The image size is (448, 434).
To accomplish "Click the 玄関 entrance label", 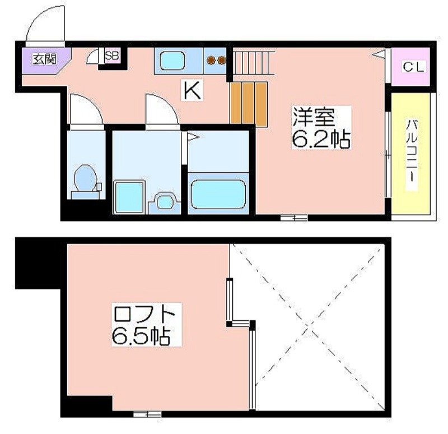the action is [x=45, y=59].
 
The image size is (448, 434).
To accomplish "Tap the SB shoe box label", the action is [x=111, y=55].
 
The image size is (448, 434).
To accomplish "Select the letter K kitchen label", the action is [x=192, y=90].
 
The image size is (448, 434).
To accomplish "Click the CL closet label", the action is [x=413, y=67].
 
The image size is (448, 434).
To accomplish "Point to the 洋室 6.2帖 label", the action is [x=321, y=127].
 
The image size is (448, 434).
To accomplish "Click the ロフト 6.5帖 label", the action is [x=146, y=325].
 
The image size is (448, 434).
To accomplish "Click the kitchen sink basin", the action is [x=172, y=61].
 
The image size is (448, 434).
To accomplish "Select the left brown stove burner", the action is [x=212, y=61].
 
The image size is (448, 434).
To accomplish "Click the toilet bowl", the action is [x=85, y=178].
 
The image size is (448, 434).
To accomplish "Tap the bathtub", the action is [x=218, y=194].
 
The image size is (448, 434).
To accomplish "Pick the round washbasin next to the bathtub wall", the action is [x=165, y=202].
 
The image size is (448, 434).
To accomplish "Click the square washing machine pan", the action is [x=129, y=197].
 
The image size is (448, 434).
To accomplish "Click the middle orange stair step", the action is [x=248, y=103].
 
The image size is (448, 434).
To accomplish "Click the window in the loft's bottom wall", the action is [x=147, y=414].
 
